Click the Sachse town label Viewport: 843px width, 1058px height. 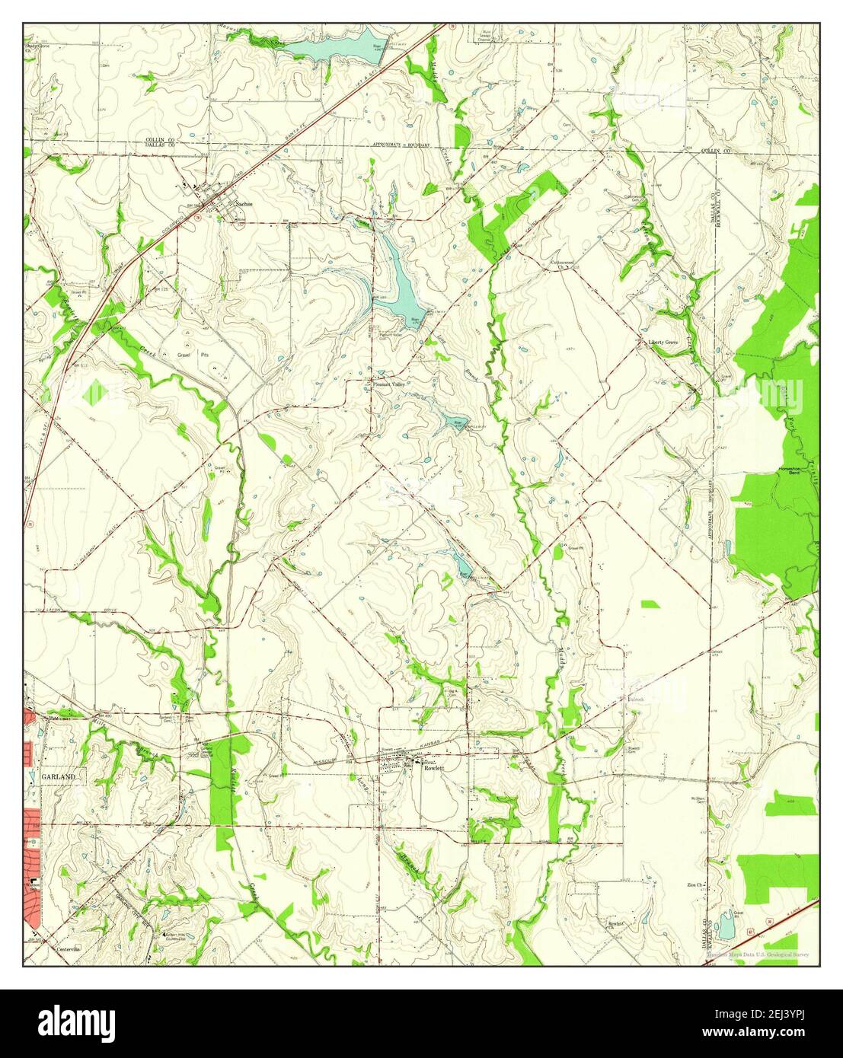pyautogui.click(x=243, y=204)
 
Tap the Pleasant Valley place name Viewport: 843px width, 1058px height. pyautogui.click(x=389, y=384)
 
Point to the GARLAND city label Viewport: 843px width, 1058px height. pyautogui.click(x=59, y=776)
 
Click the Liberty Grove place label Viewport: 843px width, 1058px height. pyautogui.click(x=663, y=343)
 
